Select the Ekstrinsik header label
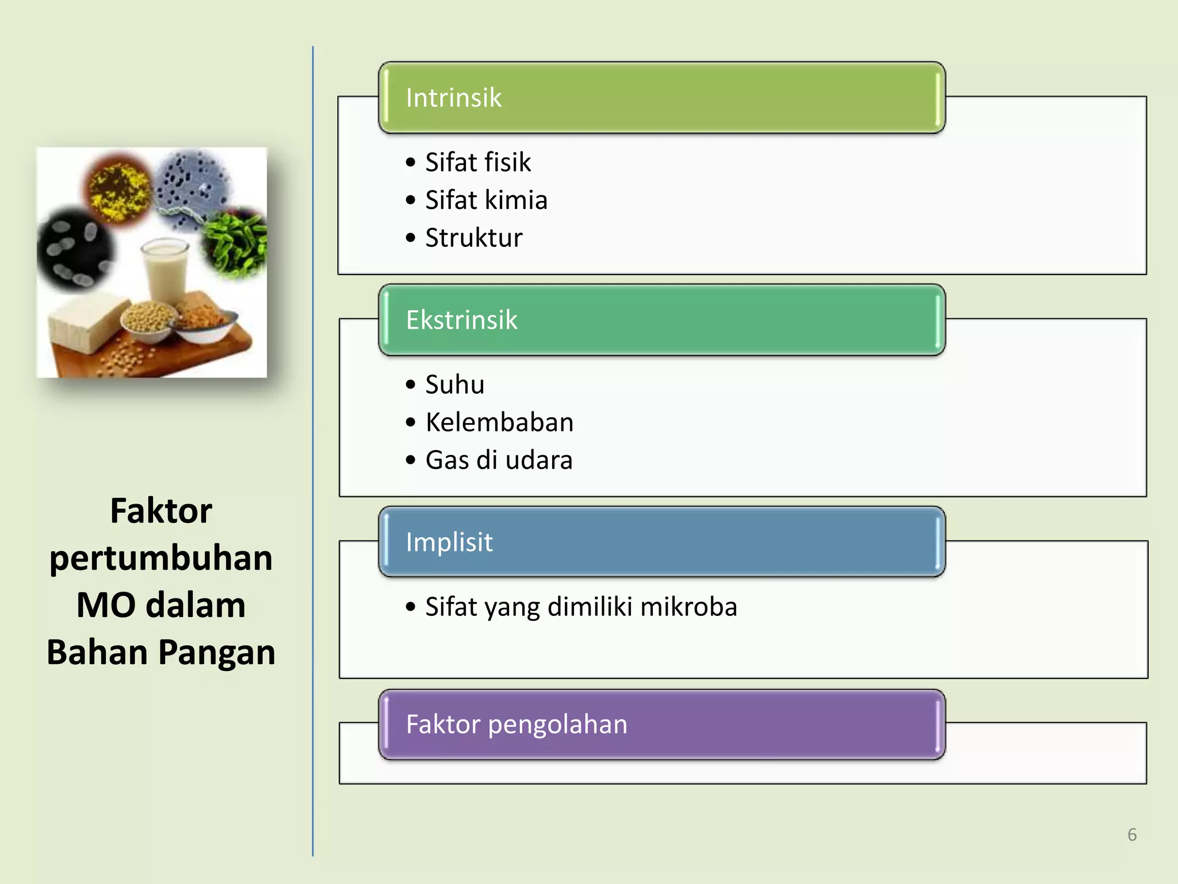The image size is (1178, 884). pyautogui.click(x=461, y=320)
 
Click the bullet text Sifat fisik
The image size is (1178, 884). pyautogui.click(x=477, y=162)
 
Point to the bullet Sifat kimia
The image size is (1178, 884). pyautogui.click(x=486, y=200)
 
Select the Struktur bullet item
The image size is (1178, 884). pyautogui.click(x=474, y=238)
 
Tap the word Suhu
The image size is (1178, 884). pyautogui.click(x=454, y=384)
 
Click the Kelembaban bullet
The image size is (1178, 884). pyautogui.click(x=499, y=422)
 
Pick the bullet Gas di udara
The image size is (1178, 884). pyautogui.click(x=499, y=460)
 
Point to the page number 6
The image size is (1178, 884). pyautogui.click(x=1132, y=835)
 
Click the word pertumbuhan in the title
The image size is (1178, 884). pyautogui.click(x=161, y=558)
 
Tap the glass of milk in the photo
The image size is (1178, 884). pyautogui.click(x=166, y=273)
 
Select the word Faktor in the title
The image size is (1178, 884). pyautogui.click(x=161, y=511)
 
